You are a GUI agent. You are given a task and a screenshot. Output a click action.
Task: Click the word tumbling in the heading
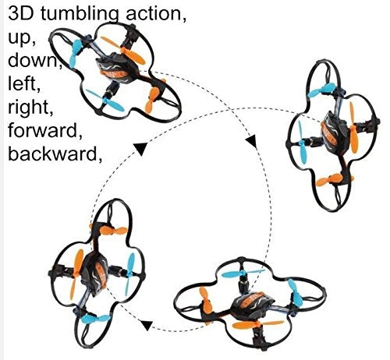81,15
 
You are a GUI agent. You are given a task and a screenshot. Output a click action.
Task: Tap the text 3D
21,13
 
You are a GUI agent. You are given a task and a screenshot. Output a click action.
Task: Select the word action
156,14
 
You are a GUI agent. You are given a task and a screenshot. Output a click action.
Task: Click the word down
34,59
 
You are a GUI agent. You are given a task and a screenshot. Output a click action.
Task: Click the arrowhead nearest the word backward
140,149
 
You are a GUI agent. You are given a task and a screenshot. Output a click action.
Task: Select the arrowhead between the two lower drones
147,326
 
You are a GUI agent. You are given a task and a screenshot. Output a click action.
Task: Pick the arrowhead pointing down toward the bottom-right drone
252,142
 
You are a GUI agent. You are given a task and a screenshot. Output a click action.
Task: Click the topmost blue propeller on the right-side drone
321,90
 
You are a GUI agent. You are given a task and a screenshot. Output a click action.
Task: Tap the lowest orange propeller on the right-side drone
330,180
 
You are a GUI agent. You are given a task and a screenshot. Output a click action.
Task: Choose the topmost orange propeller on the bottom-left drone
113,231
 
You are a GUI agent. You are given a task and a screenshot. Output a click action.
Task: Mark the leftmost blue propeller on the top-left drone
76,53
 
